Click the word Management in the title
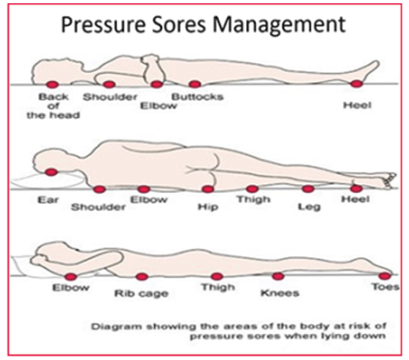pos(279,25)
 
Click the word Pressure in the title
pos(103,25)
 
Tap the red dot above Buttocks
pos(195,84)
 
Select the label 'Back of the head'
pos(53,106)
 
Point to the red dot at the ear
pos(51,172)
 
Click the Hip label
pos(208,207)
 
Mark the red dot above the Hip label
pos(208,189)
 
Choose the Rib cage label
pos(142,294)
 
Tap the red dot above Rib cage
pos(142,277)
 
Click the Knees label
pos(280,293)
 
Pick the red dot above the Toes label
pos(384,277)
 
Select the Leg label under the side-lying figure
pos(309,207)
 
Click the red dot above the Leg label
pos(308,188)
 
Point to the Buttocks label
pos(198,97)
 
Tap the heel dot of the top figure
pos(357,83)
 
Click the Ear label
pos(48,200)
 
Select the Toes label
pos(385,286)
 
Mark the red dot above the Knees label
pos(278,277)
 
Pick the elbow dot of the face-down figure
pos(70,277)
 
